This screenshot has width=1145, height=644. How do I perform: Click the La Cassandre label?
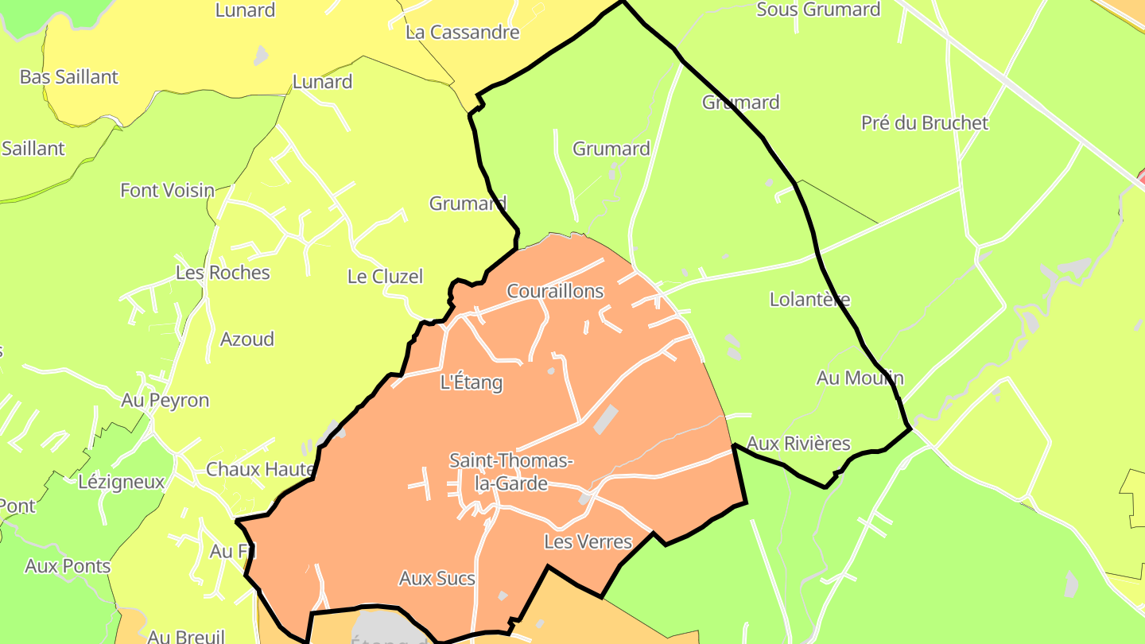click(462, 33)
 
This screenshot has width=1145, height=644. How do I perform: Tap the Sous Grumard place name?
click(818, 10)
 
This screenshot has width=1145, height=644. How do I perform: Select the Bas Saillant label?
click(68, 77)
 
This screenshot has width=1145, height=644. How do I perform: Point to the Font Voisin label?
click(167, 191)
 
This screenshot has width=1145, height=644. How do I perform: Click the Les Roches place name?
click(223, 273)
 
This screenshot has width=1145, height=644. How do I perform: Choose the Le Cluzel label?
click(385, 277)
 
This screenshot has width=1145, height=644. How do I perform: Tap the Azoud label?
click(246, 339)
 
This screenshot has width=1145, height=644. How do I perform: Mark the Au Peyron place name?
click(165, 401)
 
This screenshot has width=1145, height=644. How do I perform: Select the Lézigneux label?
click(121, 482)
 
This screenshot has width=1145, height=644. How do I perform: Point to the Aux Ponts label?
click(68, 567)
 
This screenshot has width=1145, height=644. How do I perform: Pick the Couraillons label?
click(555, 292)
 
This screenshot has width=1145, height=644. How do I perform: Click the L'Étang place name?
click(472, 382)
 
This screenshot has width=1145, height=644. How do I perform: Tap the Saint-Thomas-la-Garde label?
click(510, 471)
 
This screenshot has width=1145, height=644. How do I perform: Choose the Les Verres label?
click(588, 542)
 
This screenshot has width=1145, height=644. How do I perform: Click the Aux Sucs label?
click(437, 579)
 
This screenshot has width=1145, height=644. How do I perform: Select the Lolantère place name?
click(809, 300)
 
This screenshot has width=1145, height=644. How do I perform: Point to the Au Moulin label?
click(860, 378)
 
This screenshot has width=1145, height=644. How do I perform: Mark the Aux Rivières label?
click(799, 444)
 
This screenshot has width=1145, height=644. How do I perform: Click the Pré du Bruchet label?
click(925, 123)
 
